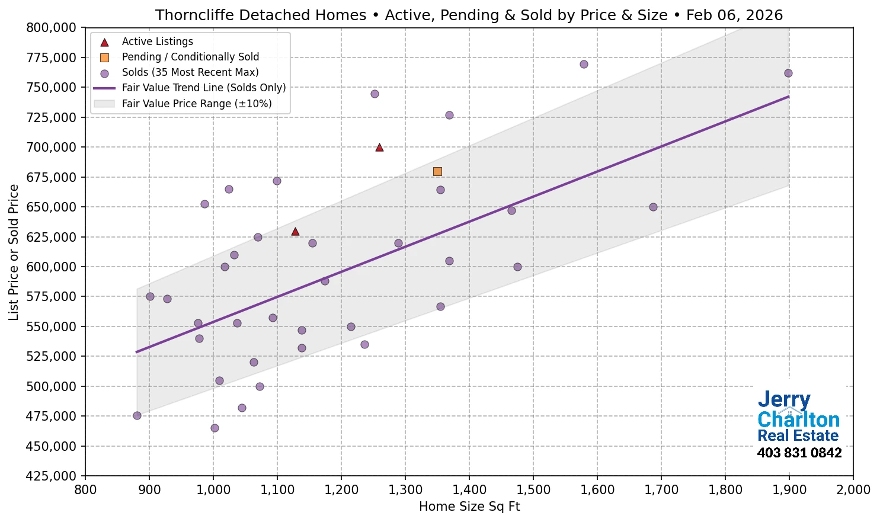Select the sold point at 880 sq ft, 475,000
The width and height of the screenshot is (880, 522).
pos(137,415)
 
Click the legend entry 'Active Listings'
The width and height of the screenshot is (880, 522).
pos(157,41)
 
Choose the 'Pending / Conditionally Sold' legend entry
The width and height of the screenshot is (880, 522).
pos(190,57)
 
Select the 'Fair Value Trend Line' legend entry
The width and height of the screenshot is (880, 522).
pos(203,88)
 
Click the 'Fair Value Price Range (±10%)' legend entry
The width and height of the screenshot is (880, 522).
pos(196,104)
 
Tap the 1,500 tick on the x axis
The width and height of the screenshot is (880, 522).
pos(533,490)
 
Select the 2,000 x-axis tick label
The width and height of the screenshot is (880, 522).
pos(853,490)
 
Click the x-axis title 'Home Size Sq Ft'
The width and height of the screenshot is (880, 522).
pos(469,507)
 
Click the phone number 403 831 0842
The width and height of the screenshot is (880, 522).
pos(799,453)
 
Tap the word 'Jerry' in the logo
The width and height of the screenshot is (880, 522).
pos(783,400)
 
